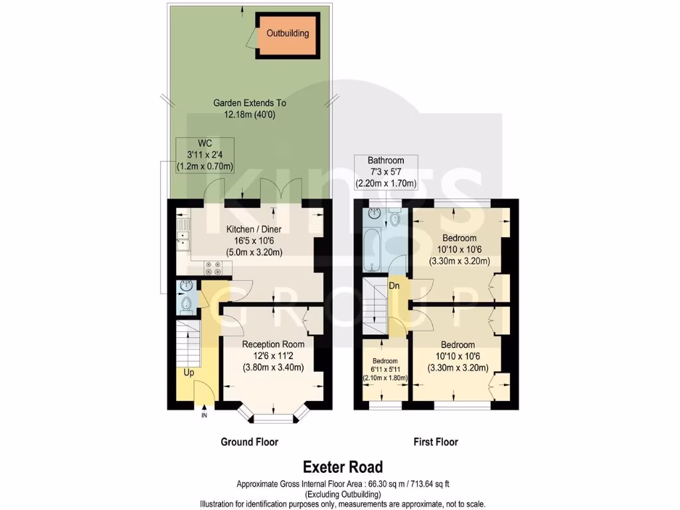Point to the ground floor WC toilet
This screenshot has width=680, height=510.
[186, 304]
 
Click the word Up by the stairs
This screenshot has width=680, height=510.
[189, 373]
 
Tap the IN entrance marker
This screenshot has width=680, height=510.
[204, 416]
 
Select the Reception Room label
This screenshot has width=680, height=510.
[273, 344]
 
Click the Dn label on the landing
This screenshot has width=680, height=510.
[394, 286]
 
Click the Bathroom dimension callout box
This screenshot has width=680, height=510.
[386, 172]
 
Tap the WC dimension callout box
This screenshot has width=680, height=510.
[205, 155]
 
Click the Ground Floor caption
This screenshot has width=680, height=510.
[249, 442]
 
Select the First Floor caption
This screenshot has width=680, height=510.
[436, 442]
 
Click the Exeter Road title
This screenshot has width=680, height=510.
[343, 467]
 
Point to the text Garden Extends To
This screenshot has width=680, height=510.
[249, 103]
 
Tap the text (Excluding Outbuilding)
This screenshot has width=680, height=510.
[343, 494]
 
